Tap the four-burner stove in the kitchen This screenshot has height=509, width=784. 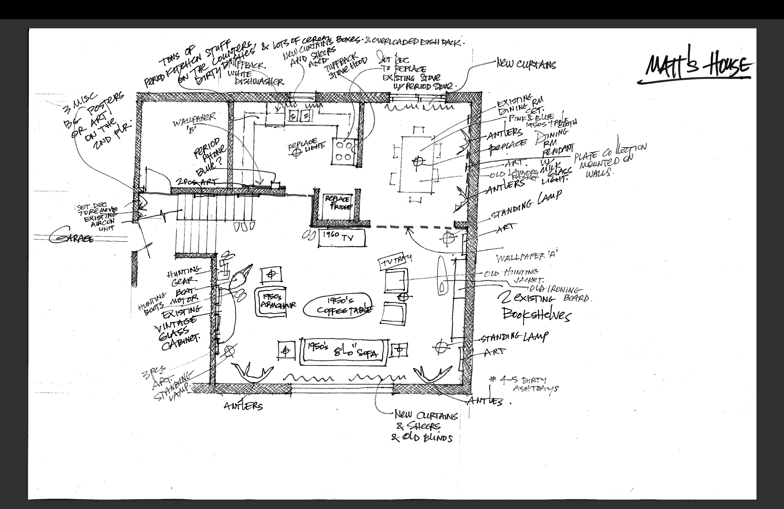coord(343,151)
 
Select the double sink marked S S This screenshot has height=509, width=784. coord(299,116)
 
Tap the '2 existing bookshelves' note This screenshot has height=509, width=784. coord(535,306)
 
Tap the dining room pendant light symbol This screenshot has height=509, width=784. coord(418,161)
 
